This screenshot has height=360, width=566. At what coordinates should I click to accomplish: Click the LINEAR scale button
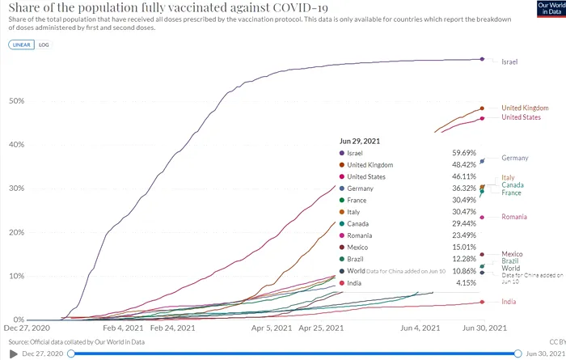(22, 45)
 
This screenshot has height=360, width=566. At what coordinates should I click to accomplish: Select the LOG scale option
(44, 45)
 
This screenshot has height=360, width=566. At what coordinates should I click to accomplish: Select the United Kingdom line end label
(525, 108)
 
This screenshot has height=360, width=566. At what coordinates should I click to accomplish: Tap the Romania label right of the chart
(514, 217)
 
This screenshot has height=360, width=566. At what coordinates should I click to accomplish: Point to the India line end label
(510, 302)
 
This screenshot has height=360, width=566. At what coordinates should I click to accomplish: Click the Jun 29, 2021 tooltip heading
(361, 141)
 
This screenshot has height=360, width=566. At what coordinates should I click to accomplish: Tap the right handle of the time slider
(517, 354)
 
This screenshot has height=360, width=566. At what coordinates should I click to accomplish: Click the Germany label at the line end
(515, 158)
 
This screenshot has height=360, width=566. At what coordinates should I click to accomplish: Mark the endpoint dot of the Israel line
(483, 59)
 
